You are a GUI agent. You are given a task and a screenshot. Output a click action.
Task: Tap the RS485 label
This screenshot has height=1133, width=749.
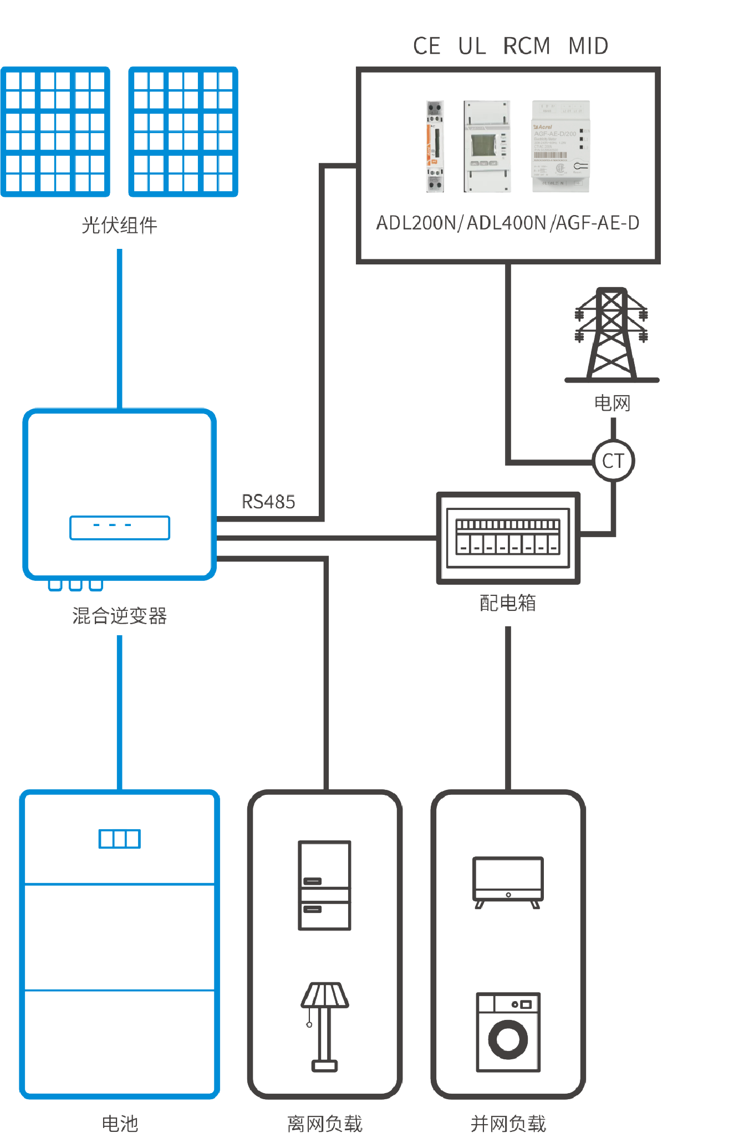tap(268, 502)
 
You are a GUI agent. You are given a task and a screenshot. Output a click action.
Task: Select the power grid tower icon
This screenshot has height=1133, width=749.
tap(612, 334)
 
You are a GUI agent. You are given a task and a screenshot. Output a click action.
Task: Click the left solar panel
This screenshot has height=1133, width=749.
tap(55, 131)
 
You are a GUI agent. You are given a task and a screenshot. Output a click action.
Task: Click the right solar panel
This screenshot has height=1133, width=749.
tap(184, 131)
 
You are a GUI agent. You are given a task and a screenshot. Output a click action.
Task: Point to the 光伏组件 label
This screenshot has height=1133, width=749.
tap(119, 225)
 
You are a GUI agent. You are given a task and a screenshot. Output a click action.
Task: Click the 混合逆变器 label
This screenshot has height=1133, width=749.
tap(120, 616)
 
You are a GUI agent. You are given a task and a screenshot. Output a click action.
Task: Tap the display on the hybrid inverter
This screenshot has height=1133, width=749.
tap(120, 527)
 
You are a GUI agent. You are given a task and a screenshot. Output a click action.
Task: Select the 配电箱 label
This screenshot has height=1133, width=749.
tap(508, 603)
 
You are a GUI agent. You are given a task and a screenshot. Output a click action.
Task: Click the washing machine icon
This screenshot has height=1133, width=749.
tap(508, 1032)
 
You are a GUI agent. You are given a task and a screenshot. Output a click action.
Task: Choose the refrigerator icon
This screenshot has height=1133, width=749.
tap(325, 885)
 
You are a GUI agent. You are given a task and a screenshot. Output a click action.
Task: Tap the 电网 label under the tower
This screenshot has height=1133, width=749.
tap(613, 403)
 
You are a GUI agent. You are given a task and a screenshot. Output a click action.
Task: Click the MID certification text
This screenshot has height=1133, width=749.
tap(588, 46)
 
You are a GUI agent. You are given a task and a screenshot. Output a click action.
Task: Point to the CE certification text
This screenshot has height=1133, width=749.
tap(427, 46)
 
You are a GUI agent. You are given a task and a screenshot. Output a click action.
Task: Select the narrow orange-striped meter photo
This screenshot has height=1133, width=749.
tap(435, 146)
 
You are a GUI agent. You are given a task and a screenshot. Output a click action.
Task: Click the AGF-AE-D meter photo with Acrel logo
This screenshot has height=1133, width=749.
tap(561, 146)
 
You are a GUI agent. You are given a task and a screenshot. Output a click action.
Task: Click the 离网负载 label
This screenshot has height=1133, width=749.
tap(325, 1124)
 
